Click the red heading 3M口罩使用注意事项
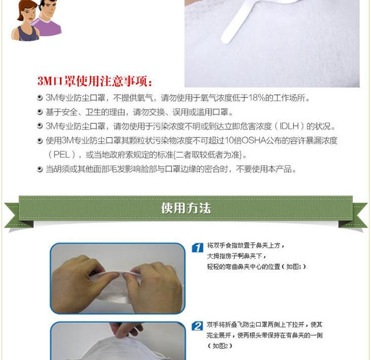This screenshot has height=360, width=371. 94,81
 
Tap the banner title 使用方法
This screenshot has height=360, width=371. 186,208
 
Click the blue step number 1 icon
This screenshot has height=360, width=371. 197,248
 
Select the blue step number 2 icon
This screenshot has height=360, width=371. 197,326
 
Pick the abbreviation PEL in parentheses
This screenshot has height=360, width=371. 61,155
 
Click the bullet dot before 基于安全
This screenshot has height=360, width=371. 40,112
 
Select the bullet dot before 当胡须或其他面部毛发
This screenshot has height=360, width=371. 40,169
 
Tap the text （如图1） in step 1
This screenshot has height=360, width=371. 294,267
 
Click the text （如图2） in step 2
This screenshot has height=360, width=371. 220,346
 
